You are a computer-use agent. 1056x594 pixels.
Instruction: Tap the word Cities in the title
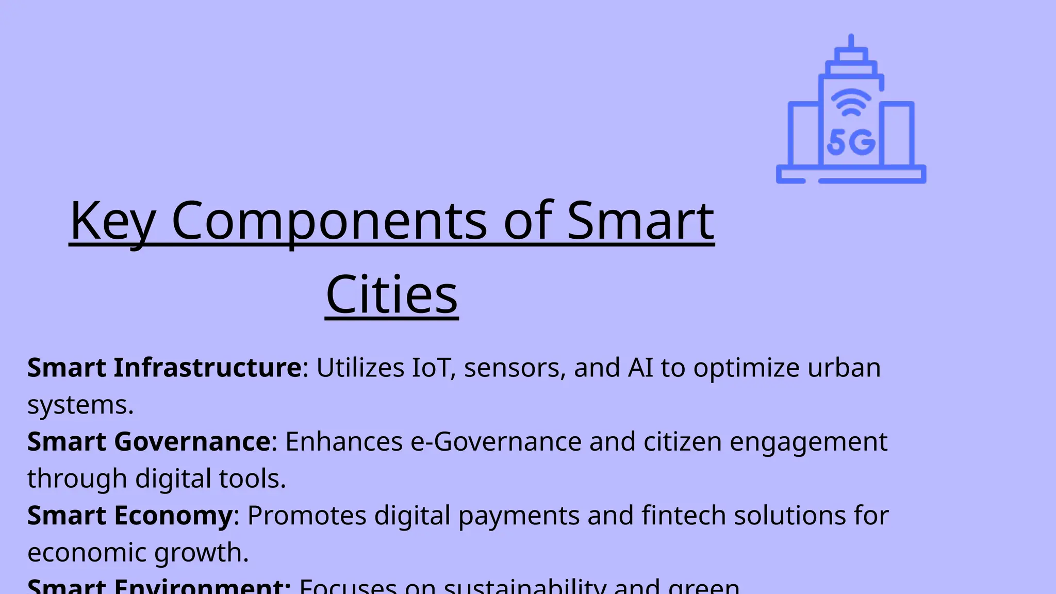click(x=392, y=294)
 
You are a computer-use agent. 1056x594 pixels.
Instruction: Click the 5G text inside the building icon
click(x=851, y=142)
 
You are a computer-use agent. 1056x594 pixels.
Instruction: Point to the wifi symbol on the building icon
click(x=850, y=102)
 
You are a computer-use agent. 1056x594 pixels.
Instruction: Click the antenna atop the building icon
click(x=851, y=41)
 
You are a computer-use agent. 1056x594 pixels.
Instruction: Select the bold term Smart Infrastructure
click(x=164, y=368)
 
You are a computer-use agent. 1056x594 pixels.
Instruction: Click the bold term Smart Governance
click(x=149, y=441)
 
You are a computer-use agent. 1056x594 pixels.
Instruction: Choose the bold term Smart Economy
click(x=130, y=515)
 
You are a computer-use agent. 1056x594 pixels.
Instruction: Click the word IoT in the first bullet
click(x=430, y=368)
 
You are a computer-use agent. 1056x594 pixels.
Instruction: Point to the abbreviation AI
click(x=640, y=368)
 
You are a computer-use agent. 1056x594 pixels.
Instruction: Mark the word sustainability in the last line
click(x=524, y=587)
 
